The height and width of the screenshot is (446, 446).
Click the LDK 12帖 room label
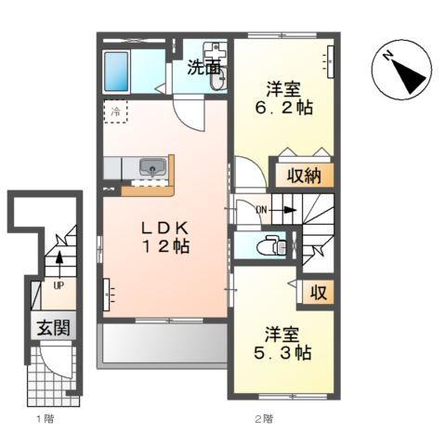pos(165,237)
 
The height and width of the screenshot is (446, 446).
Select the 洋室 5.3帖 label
pos(285,344)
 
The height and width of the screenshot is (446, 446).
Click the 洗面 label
pos(203,67)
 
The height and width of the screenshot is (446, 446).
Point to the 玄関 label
pos(54,328)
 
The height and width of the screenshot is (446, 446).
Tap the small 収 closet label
pos(318,293)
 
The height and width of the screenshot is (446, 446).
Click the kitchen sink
pos(151,167)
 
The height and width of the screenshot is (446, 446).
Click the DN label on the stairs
pos(262,209)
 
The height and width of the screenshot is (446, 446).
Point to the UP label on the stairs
pos(57,285)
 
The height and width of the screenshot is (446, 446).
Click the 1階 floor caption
pos(45,418)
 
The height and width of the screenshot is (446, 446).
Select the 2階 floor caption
pos(264,418)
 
